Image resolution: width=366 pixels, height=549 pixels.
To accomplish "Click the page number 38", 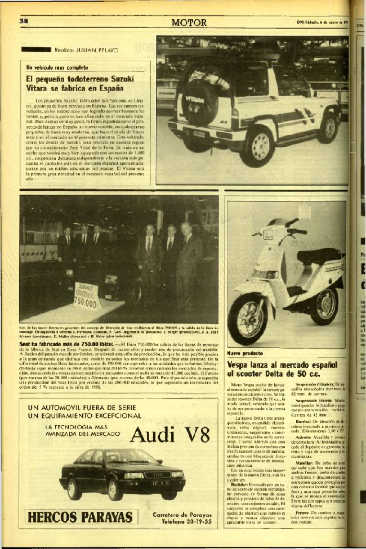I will (x=24, y=21).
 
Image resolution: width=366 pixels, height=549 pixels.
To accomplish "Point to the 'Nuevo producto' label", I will (x=244, y=353).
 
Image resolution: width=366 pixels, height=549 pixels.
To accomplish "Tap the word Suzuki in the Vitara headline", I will (x=126, y=79).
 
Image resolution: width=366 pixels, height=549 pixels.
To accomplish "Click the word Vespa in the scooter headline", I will (x=239, y=364).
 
